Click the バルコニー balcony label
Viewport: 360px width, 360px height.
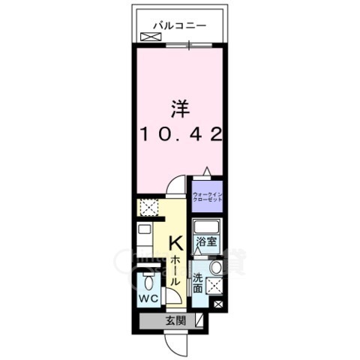180,25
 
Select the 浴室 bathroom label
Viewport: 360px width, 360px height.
206,243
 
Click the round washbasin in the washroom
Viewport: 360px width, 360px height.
216,268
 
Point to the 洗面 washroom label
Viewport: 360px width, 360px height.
198,283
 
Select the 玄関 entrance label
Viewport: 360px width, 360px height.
172,321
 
